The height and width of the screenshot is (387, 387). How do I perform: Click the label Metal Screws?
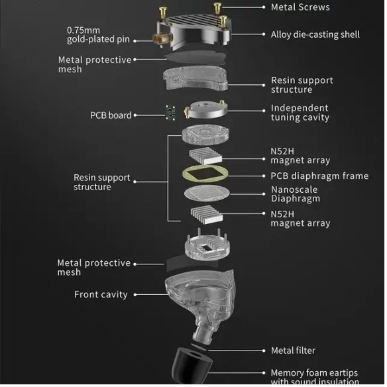pyautogui.click(x=300, y=7)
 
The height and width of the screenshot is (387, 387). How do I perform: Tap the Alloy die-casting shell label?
pyautogui.click(x=315, y=34)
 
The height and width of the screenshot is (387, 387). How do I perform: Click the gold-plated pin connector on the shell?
pyautogui.click(x=162, y=38)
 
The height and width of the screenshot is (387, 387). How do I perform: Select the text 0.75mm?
pyautogui.click(x=83, y=30)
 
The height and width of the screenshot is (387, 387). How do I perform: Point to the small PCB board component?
pyautogui.click(x=170, y=113)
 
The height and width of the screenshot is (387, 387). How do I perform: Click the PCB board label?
pyautogui.click(x=111, y=115)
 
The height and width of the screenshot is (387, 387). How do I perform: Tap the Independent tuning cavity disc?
pyautogui.click(x=205, y=109)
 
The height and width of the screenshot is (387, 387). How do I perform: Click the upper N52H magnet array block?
pyautogui.click(x=205, y=156)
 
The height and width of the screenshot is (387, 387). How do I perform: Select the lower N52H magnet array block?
pyautogui.click(x=206, y=215)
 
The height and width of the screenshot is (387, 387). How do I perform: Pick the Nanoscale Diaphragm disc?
pyautogui.click(x=207, y=193)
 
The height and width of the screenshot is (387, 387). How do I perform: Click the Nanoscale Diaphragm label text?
pyautogui.click(x=295, y=194)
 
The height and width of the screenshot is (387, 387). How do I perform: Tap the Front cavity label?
pyautogui.click(x=101, y=294)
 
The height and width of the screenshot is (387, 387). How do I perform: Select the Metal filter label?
pyautogui.click(x=293, y=351)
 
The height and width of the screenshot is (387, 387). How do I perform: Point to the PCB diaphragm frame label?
pyautogui.click(x=319, y=176)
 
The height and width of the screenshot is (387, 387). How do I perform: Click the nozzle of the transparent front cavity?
pyautogui.click(x=203, y=332)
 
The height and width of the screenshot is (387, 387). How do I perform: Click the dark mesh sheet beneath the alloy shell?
pyautogui.click(x=195, y=58)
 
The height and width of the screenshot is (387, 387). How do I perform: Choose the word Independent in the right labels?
pyautogui.click(x=300, y=108)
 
